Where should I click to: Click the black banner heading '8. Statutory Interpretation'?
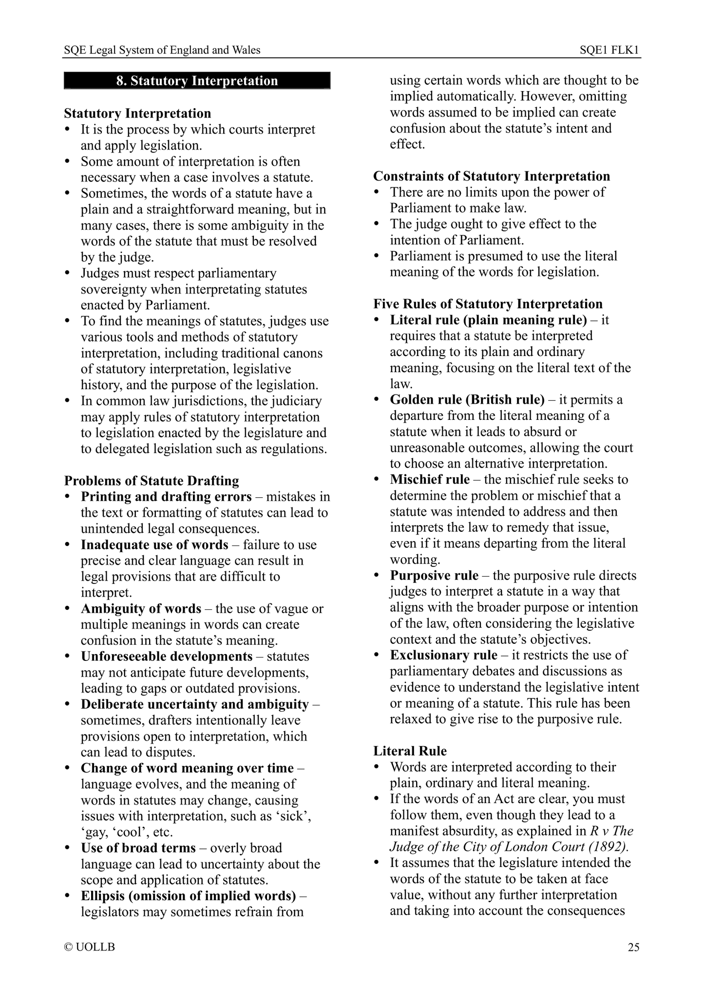(197, 81)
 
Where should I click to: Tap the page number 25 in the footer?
(633, 947)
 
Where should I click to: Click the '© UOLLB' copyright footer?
(90, 947)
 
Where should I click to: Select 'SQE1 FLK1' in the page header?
(609, 50)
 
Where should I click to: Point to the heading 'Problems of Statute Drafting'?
(152, 481)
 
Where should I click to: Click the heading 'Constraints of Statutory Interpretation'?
(492, 176)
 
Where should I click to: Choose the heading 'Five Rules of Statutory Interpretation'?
(488, 304)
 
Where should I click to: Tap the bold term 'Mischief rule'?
(430, 479)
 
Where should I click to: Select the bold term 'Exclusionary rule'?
(443, 655)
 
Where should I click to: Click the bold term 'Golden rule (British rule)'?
(467, 400)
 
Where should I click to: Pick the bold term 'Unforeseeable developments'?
(167, 657)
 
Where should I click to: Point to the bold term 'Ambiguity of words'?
(141, 609)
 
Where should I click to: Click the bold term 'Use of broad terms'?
(138, 848)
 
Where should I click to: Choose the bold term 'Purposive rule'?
(434, 576)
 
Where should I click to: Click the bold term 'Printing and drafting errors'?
(166, 497)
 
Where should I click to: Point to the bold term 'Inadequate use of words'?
(154, 545)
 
